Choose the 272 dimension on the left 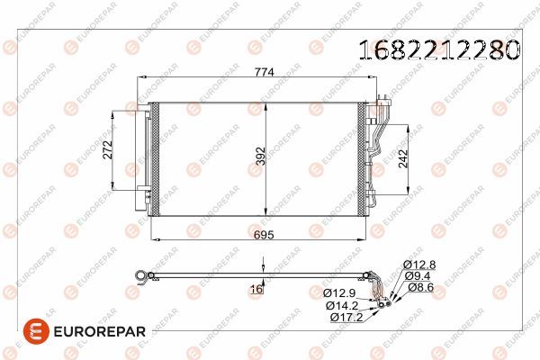pos(107,151)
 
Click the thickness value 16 pos(256,289)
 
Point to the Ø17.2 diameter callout pos(346,318)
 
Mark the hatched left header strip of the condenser pos(154,159)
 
